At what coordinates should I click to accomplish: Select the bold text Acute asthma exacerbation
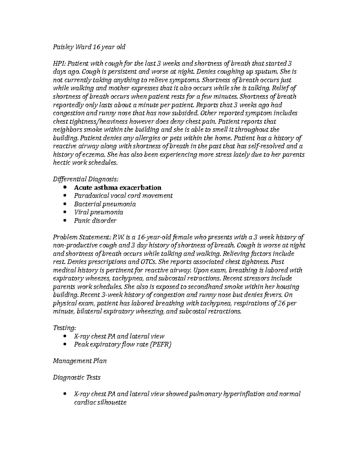point(118,188)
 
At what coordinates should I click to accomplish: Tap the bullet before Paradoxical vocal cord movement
point(66,196)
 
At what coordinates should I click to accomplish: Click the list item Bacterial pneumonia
point(105,204)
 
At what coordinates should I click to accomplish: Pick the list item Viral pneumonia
point(98,212)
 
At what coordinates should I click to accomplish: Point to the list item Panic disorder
point(95,221)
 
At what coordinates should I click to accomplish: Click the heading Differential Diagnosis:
point(85,179)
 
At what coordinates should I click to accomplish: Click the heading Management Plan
point(79,361)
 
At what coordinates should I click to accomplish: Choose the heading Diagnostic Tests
point(76,377)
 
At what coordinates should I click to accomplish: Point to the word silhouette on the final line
point(112,402)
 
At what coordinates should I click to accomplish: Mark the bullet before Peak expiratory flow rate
point(66,345)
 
